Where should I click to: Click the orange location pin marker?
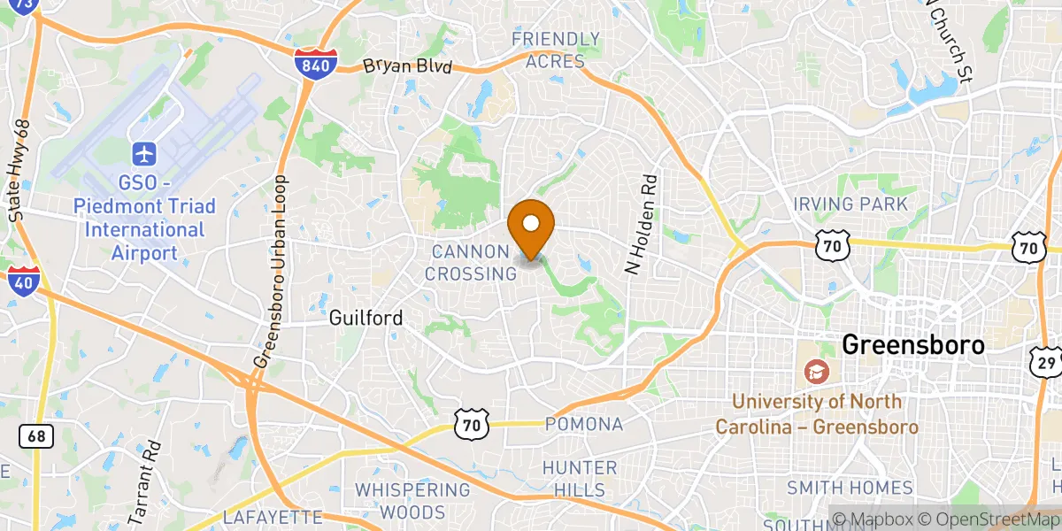tap(532, 225)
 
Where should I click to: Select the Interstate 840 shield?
tap(316, 62)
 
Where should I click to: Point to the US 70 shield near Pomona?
tap(469, 426)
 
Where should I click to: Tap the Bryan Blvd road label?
tap(407, 67)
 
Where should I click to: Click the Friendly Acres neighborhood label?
tap(556, 50)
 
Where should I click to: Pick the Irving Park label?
tap(850, 204)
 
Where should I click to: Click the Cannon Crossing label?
tap(470, 263)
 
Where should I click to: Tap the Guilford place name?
tap(366, 318)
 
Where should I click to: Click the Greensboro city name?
tap(913, 344)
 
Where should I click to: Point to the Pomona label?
tap(584, 424)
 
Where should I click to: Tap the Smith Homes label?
tap(850, 488)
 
